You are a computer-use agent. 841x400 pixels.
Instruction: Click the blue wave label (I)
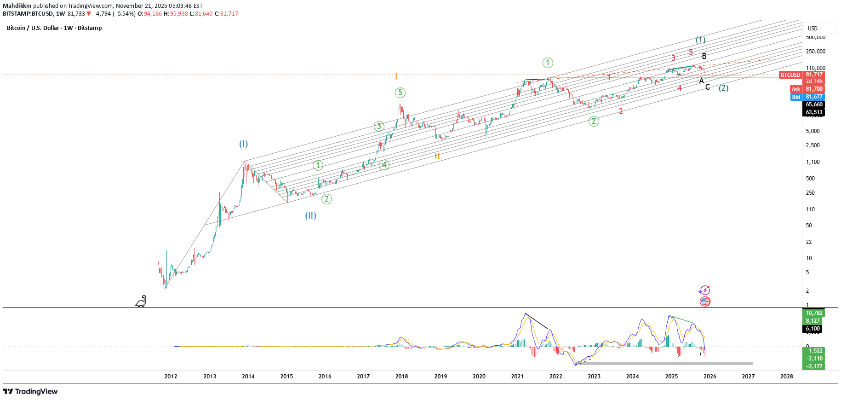243,144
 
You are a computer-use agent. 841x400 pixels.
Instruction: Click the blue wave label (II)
310,215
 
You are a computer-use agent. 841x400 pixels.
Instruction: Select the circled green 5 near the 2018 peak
400,93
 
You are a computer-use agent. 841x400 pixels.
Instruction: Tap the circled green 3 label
379,126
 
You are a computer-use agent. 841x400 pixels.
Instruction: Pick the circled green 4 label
384,165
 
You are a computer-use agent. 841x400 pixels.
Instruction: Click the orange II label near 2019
437,156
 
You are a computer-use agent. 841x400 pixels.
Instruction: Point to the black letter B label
704,56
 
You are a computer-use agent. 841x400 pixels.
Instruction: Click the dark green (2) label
723,88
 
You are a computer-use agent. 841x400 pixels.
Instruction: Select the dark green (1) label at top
700,40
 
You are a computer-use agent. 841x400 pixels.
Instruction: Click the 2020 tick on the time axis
479,376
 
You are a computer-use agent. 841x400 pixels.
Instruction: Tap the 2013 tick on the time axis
210,376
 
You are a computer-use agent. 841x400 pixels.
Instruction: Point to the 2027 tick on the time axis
748,376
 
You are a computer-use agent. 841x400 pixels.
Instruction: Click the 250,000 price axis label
815,52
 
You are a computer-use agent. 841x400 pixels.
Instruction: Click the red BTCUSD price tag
790,75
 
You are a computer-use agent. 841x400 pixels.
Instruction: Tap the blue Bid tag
796,97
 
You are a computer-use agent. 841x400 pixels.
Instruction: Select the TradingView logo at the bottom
30,391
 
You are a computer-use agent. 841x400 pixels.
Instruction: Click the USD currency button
812,28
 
